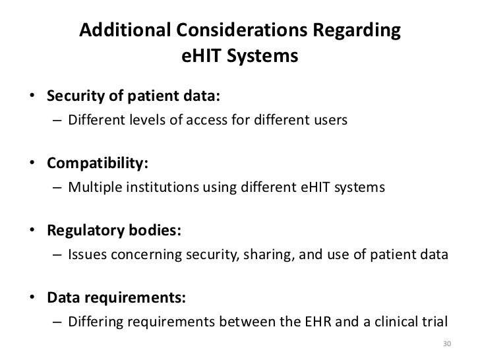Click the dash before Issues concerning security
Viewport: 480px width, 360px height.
click(x=57, y=257)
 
